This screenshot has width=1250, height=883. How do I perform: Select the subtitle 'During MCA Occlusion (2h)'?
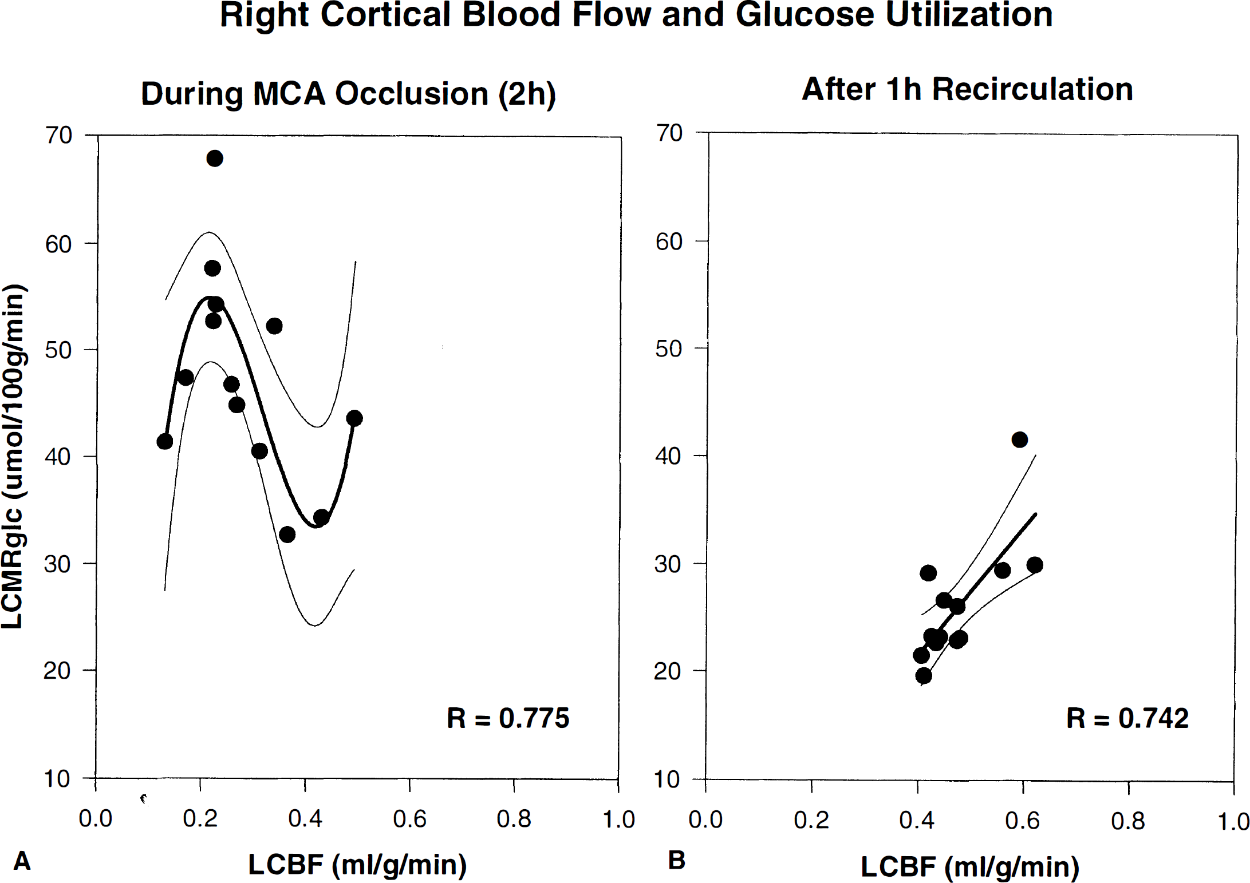point(348,94)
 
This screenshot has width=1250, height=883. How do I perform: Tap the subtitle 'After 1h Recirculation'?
point(967,89)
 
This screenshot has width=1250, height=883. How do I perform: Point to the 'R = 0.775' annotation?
point(508,718)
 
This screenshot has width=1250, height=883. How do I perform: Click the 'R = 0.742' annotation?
point(1127,718)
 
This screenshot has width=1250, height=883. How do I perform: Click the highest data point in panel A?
point(214,159)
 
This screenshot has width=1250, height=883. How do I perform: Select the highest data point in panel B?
point(1019,439)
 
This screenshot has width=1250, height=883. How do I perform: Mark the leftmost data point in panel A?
point(164,441)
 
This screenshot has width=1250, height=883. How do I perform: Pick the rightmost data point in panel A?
point(354,418)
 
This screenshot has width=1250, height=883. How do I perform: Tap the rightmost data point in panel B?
point(1034,565)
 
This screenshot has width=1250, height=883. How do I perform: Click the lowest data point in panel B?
point(923,676)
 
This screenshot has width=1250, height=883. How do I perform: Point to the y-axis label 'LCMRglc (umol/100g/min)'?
point(14,456)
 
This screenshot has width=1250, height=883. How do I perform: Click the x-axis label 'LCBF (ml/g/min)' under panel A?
point(357,864)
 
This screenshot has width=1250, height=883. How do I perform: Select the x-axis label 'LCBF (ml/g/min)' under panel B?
point(970,866)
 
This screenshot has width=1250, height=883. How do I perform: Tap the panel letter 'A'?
point(22,860)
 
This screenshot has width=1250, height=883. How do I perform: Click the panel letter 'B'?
point(676,860)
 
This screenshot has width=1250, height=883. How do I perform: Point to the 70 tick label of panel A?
point(58,136)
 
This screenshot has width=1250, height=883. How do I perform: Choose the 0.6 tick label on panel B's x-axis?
point(1022,821)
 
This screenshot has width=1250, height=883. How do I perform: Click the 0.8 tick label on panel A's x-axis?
point(514,819)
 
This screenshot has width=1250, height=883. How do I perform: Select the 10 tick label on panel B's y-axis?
point(668,779)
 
